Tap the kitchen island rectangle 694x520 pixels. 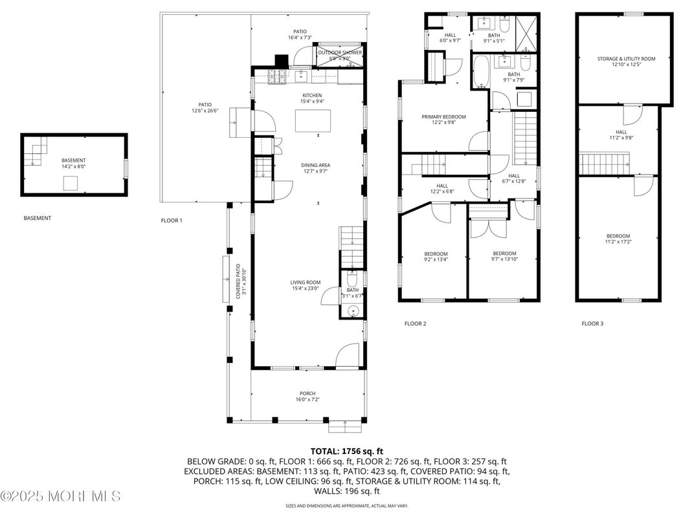(313, 120)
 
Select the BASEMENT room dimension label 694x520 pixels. (73, 163)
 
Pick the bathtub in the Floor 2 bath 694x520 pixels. (481, 72)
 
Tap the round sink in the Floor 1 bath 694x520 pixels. (353, 311)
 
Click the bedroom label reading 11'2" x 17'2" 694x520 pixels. (618, 239)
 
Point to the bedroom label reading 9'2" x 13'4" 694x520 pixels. (436, 256)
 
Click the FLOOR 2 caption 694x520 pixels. (415, 323)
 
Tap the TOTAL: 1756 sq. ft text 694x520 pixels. (346, 450)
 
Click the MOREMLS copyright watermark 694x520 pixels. (60, 497)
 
